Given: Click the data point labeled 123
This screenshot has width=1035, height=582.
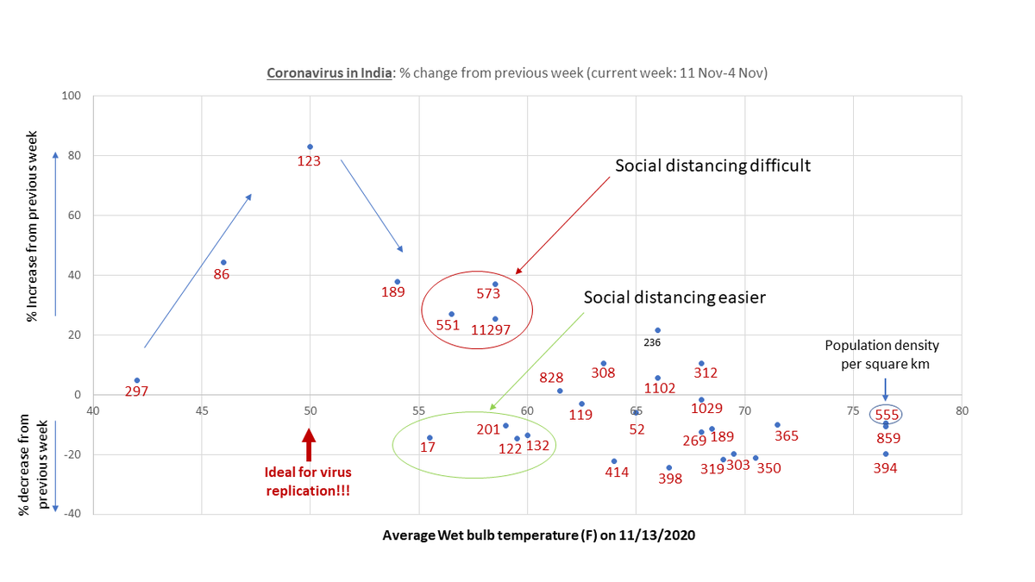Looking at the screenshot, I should pyautogui.click(x=310, y=147).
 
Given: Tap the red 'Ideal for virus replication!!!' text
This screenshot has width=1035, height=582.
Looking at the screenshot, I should pyautogui.click(x=309, y=481).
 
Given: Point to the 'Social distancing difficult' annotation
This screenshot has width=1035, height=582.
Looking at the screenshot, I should pyautogui.click(x=712, y=166).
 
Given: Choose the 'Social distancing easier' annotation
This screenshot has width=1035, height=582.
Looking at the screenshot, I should pyautogui.click(x=674, y=297).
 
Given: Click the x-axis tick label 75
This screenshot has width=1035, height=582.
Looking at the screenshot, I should pyautogui.click(x=853, y=410).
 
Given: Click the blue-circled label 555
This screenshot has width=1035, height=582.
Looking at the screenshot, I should pyautogui.click(x=887, y=415).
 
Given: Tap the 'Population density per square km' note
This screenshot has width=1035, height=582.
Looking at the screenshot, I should pyautogui.click(x=881, y=354).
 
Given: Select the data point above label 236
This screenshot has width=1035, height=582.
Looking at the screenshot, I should pyautogui.click(x=657, y=330).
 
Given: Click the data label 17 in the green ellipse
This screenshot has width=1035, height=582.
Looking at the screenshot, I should pyautogui.click(x=428, y=447).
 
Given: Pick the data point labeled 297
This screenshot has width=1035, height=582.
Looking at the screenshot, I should pyautogui.click(x=137, y=380).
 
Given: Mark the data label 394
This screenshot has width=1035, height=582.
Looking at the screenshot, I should pyautogui.click(x=885, y=468).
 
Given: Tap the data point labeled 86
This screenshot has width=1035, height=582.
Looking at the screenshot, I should pyautogui.click(x=223, y=262).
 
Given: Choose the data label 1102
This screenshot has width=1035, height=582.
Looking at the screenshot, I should pyautogui.click(x=660, y=389).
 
